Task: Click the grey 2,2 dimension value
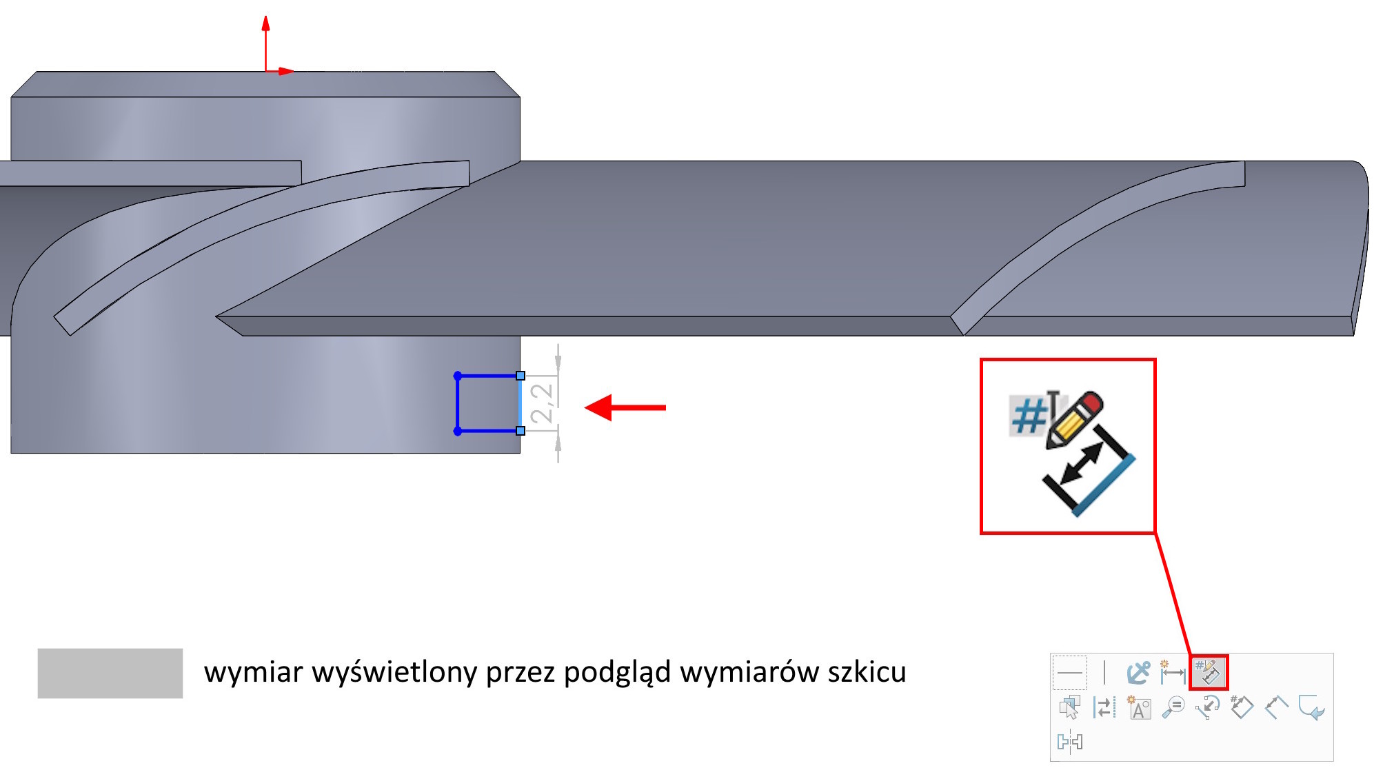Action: pyautogui.click(x=542, y=403)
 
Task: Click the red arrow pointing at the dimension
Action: pyautogui.click(x=624, y=407)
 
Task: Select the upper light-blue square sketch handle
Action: pyautogui.click(x=521, y=376)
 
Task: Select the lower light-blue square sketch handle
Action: pyautogui.click(x=521, y=431)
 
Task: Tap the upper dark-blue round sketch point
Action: pyautogui.click(x=458, y=376)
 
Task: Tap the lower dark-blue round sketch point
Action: pyautogui.click(x=458, y=432)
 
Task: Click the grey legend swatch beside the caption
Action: pyautogui.click(x=110, y=673)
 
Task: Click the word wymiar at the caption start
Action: pyautogui.click(x=253, y=673)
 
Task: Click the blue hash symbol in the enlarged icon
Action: pyautogui.click(x=1028, y=416)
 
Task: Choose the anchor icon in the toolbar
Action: pyautogui.click(x=1138, y=672)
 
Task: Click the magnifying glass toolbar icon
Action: pyautogui.click(x=1173, y=707)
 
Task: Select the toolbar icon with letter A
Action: pyautogui.click(x=1139, y=708)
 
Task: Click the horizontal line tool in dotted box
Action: pyautogui.click(x=1070, y=672)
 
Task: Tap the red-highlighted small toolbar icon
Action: pyautogui.click(x=1209, y=672)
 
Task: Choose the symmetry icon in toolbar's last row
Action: pyautogui.click(x=1070, y=742)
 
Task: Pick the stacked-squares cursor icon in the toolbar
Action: pyautogui.click(x=1070, y=707)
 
